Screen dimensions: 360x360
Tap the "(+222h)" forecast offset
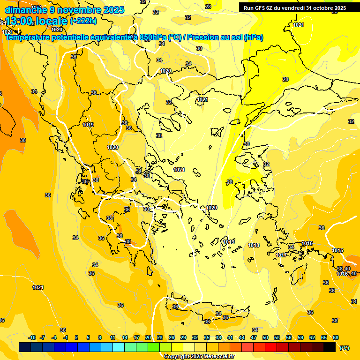point(83,21)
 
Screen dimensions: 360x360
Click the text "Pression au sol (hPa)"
point(225,37)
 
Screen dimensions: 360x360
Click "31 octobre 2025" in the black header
point(326,8)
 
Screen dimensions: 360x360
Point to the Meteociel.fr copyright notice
point(199,356)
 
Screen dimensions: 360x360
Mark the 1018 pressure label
point(254,245)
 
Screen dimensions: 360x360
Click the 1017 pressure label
point(281,255)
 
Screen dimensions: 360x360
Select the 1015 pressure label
point(337,251)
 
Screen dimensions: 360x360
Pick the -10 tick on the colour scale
point(32,337)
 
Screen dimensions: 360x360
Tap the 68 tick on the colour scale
point(336,337)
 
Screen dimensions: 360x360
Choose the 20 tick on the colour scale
point(148,337)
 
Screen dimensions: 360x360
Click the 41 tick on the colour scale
point(230,337)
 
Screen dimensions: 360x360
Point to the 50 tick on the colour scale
point(265,337)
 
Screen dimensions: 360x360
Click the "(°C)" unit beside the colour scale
point(345,347)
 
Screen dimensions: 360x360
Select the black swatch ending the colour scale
point(330,347)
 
